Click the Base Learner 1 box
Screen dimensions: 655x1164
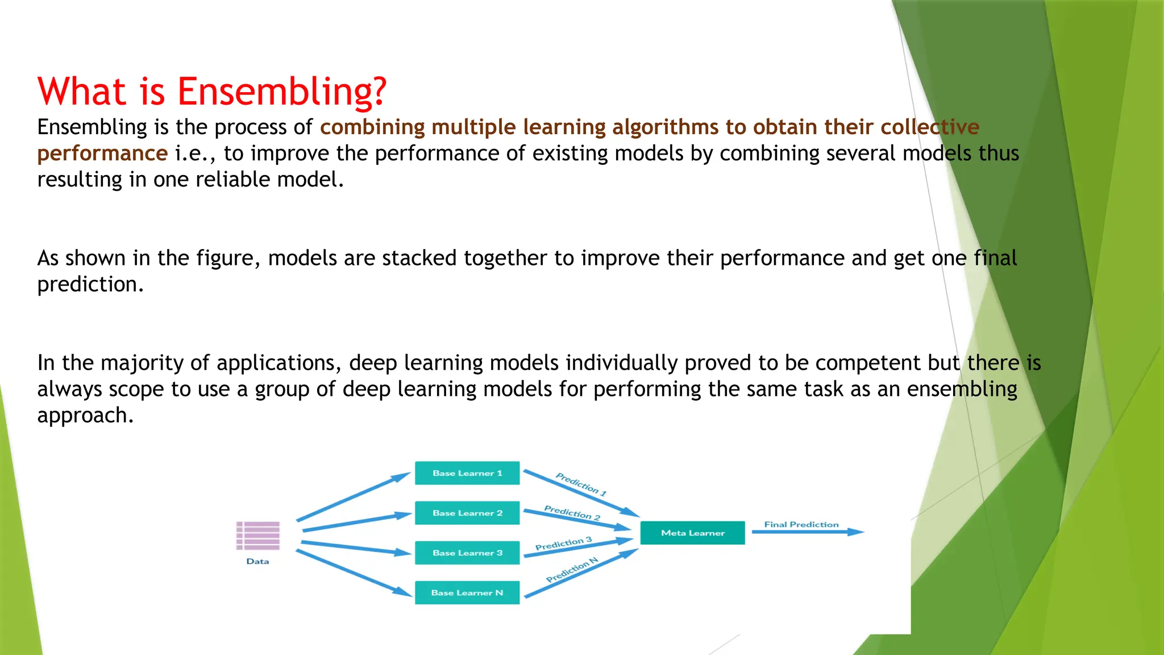tap(467, 473)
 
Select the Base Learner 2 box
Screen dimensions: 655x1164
tap(467, 513)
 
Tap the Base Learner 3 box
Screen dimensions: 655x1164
tap(467, 553)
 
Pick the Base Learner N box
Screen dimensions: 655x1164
tap(467, 592)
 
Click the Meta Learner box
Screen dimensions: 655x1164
tap(692, 533)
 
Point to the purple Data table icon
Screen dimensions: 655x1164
tap(258, 536)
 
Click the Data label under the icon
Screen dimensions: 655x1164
tap(257, 561)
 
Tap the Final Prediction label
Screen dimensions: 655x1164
tap(801, 524)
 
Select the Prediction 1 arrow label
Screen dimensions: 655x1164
tap(581, 484)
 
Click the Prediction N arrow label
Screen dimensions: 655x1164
tap(572, 570)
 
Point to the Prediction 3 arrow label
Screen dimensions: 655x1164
tap(563, 544)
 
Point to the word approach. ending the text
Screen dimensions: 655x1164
tap(85, 416)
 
